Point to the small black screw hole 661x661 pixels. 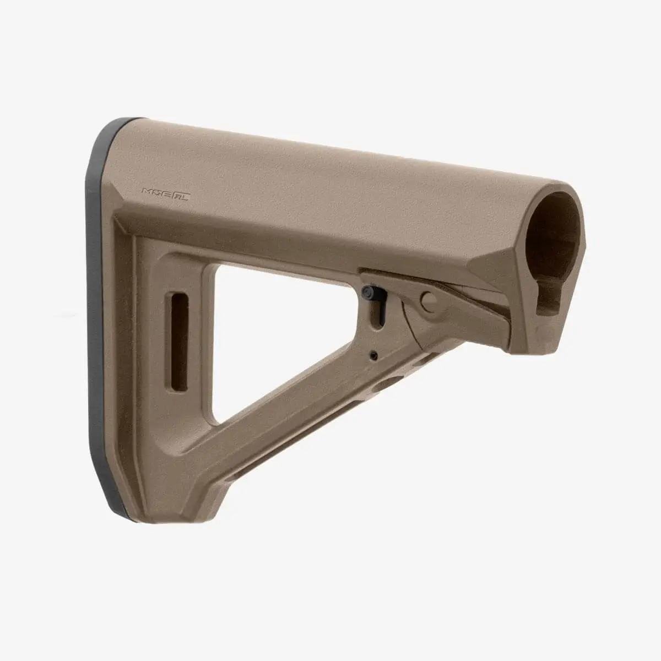point(374,354)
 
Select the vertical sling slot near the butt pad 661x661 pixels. point(180,343)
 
